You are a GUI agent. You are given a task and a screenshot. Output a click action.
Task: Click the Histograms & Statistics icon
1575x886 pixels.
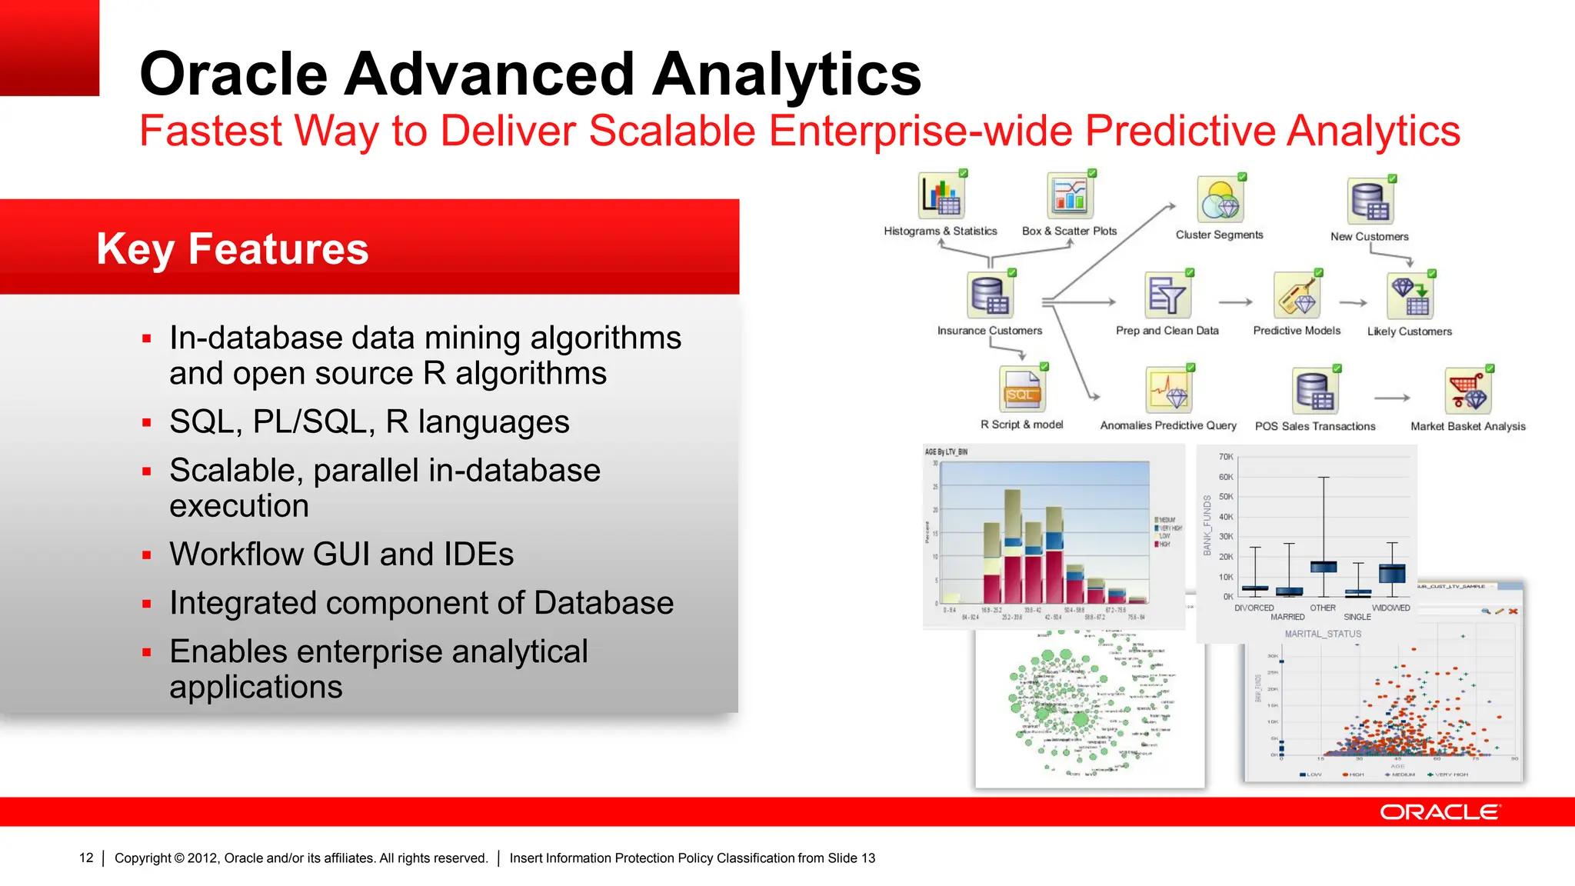(941, 196)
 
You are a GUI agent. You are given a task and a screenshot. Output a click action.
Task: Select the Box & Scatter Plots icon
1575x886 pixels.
(1070, 196)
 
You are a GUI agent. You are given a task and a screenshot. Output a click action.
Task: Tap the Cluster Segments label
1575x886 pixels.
(1219, 235)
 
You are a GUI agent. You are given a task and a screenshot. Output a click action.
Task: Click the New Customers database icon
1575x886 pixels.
(1370, 202)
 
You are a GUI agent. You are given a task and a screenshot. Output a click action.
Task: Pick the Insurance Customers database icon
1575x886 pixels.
(990, 295)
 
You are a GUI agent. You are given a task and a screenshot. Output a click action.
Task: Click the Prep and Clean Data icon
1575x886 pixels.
(1167, 295)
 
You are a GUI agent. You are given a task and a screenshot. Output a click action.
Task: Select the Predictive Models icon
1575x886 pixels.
(1297, 295)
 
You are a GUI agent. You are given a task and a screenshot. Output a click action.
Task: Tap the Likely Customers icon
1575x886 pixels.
(1410, 297)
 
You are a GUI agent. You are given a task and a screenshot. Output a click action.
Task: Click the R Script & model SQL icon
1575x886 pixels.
(1021, 390)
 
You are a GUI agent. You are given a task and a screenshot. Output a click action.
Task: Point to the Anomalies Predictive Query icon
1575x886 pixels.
(1168, 390)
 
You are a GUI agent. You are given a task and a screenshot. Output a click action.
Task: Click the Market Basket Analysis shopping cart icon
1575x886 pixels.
(1467, 391)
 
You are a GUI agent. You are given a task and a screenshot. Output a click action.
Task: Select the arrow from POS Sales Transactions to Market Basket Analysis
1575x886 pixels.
(1391, 398)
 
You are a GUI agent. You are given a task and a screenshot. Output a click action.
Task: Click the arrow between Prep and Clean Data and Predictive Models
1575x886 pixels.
(1235, 302)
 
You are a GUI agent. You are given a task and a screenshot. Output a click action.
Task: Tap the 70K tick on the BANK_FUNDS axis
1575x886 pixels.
(1225, 457)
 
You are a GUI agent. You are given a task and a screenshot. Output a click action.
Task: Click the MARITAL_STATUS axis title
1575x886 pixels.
(1323, 634)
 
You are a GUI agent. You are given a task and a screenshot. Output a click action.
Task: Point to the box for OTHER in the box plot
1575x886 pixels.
(1324, 567)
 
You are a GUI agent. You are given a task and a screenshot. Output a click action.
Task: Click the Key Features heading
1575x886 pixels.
(232, 248)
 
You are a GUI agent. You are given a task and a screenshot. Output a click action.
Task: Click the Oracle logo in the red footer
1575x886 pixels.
(1439, 812)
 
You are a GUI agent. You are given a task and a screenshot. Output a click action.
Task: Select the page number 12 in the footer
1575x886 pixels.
(86, 858)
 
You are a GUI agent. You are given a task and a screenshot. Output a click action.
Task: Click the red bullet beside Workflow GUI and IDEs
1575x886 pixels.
(146, 555)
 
